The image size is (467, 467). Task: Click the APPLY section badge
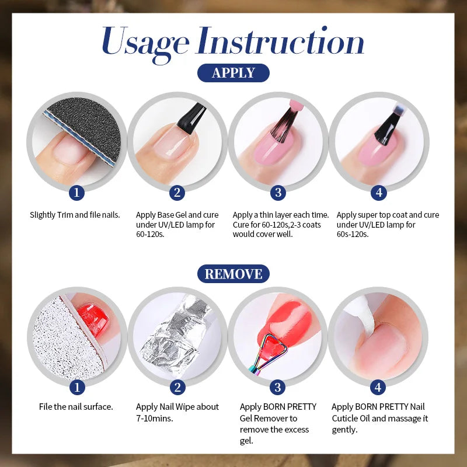point(233,73)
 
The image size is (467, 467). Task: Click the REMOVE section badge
point(233,274)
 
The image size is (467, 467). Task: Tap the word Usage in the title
point(145,42)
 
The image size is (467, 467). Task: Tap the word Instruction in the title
point(280,42)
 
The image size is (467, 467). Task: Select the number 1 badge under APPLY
point(76,192)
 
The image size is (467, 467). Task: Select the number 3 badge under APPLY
point(278,192)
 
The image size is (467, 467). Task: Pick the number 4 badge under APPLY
point(378,192)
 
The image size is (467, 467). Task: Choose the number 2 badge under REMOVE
point(177,386)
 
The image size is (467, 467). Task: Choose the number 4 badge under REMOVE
point(378,386)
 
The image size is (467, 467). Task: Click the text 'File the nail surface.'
point(76,407)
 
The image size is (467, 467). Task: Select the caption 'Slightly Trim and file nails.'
point(75,215)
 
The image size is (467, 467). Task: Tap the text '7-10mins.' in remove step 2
point(154,419)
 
